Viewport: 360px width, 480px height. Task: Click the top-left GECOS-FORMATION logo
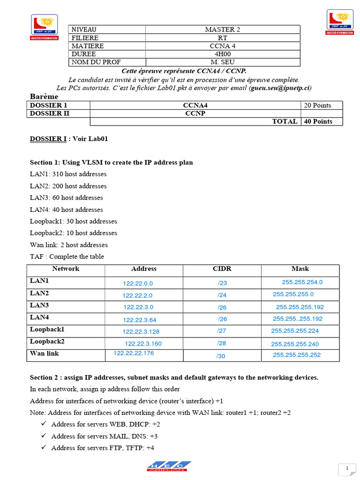45,27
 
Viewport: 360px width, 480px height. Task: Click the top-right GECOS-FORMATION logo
339,22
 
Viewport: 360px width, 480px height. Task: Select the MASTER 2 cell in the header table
222,30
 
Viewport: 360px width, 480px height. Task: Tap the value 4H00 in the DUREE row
222,54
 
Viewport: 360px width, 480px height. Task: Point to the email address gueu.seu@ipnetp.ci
280,88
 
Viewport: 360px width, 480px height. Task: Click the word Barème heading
44,96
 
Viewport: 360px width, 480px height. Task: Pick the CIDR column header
222,269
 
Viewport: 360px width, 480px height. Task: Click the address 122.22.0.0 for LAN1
138,284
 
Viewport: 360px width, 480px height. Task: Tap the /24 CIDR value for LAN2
222,295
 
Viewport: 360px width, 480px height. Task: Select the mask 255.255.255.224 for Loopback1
295,330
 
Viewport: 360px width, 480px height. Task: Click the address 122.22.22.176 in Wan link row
134,353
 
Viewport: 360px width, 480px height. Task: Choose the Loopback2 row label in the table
47,341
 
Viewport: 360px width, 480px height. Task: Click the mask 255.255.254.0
302,282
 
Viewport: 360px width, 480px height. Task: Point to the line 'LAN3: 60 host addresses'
67,198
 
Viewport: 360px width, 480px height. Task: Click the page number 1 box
347,469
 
